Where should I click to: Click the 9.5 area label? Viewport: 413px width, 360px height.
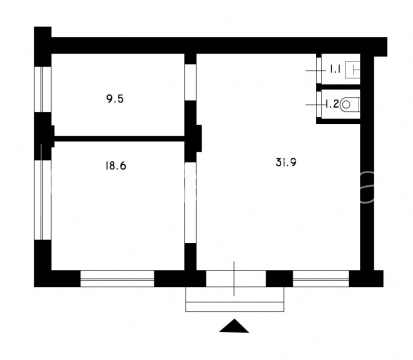point(115,99)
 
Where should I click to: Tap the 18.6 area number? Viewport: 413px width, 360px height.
point(116,166)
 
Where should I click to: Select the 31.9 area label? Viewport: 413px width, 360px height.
point(286,162)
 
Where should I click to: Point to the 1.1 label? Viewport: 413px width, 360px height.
point(335,69)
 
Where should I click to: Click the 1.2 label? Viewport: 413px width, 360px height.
point(332,104)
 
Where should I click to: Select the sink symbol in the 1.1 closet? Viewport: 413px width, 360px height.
point(353,70)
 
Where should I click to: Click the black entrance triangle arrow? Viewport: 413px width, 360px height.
point(234,326)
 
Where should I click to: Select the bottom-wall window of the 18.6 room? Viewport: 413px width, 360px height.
point(117,279)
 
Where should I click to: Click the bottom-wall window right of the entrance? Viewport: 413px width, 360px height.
point(321,279)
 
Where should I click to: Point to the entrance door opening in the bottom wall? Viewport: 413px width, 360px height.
point(236,279)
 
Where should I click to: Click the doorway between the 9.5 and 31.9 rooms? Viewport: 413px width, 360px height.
point(191,82)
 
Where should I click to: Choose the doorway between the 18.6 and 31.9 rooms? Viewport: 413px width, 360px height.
point(191,203)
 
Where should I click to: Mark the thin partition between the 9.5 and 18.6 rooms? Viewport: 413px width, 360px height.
point(120,138)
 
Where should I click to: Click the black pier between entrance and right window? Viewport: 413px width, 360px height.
point(279,279)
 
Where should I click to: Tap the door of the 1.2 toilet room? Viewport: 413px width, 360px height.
point(319,104)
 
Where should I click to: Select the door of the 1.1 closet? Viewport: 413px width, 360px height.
point(319,70)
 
